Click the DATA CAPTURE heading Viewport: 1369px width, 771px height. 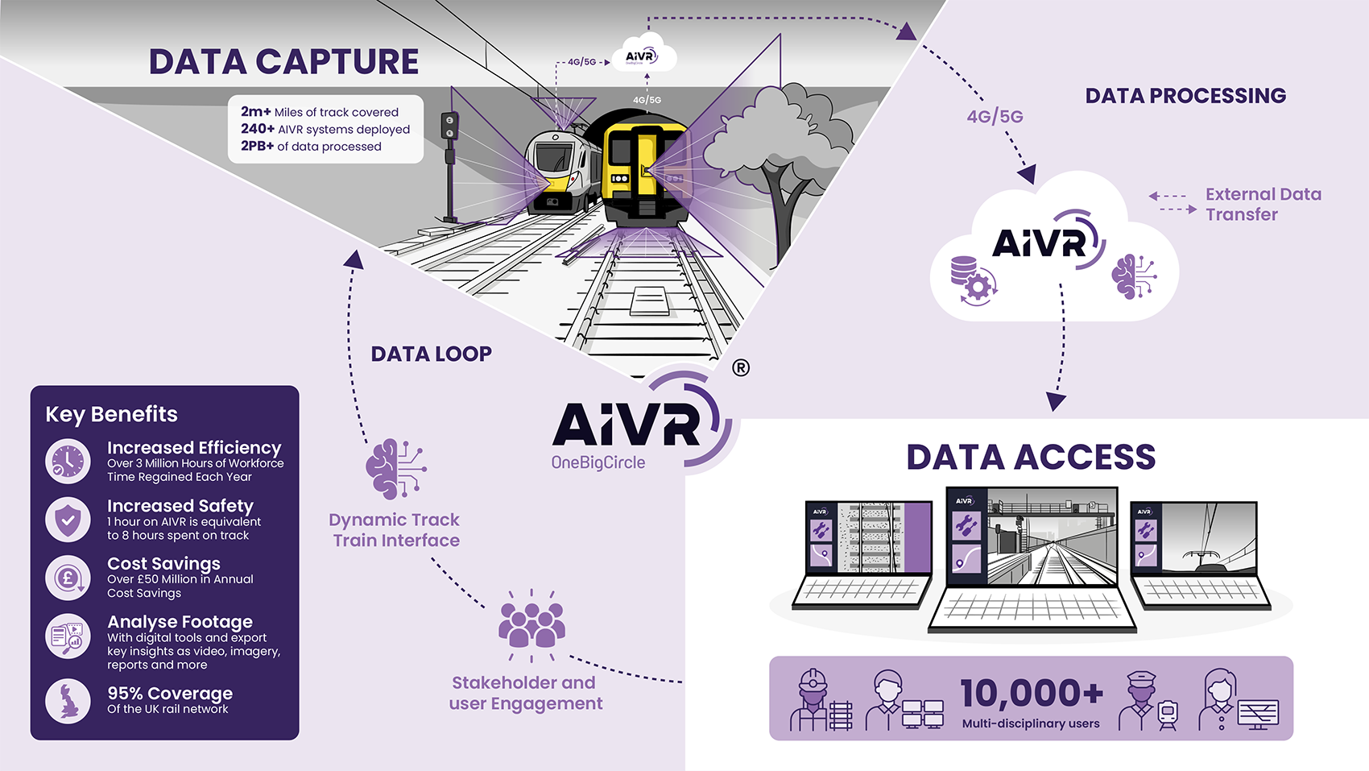(x=283, y=62)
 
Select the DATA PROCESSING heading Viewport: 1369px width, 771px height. (x=1185, y=96)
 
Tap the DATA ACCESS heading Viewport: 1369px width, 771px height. (x=1031, y=457)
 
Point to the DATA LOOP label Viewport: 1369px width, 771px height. (x=431, y=354)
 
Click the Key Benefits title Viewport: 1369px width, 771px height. (x=111, y=414)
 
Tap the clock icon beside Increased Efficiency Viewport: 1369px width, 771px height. (x=68, y=462)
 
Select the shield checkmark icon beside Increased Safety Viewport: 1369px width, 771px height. (x=68, y=520)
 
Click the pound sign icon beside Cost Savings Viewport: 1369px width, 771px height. (x=68, y=578)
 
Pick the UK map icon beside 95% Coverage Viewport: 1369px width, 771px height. (x=68, y=701)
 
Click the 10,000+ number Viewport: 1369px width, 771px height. (x=1032, y=693)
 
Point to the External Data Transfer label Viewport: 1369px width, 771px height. (x=1263, y=205)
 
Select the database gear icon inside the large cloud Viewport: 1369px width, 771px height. (x=973, y=279)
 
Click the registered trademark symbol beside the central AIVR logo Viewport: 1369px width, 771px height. (x=741, y=368)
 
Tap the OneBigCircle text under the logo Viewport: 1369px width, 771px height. (x=598, y=462)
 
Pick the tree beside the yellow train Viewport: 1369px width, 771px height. (x=777, y=161)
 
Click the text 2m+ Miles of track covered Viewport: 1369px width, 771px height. (x=320, y=112)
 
